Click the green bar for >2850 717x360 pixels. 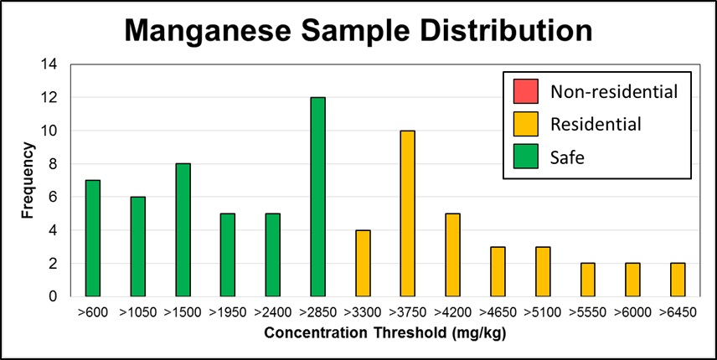318,197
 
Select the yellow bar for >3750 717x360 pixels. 408,213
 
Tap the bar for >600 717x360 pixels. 93,239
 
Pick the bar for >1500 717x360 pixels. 183,230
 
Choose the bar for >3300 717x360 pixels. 364,263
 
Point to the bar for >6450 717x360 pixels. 678,280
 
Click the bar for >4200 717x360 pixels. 453,255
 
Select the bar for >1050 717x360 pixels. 138,247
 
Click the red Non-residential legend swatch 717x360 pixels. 526,90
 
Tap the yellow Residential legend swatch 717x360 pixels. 526,124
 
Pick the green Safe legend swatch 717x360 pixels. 526,157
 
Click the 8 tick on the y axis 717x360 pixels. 54,164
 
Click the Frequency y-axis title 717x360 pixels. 28,180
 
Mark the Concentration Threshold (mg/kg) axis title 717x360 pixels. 385,332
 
